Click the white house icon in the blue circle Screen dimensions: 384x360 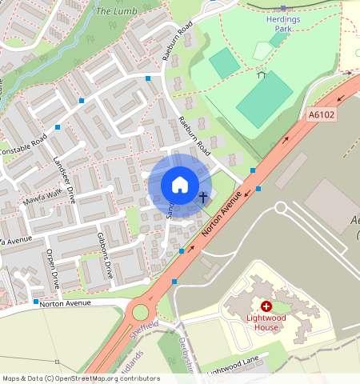(x=180, y=185)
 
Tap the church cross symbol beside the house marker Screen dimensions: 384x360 (x=203, y=196)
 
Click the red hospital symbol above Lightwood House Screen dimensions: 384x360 (x=266, y=306)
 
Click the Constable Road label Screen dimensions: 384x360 (x=23, y=146)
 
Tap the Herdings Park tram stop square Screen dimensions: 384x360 (x=283, y=6)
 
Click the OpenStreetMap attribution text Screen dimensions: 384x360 (x=81, y=378)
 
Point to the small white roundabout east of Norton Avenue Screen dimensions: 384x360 (x=281, y=208)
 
